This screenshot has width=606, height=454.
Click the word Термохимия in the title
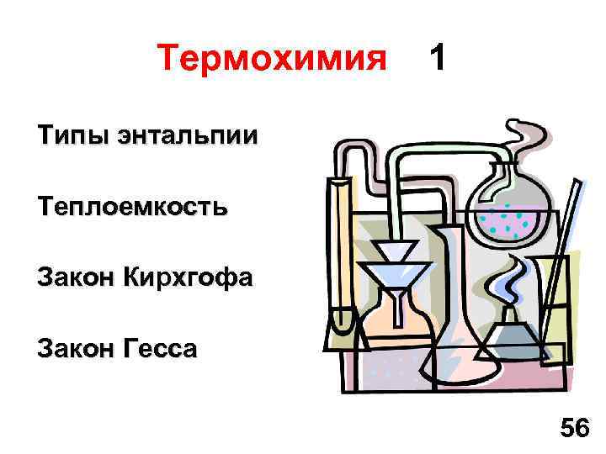pos(272,59)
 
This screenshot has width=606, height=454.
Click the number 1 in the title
pos(437,58)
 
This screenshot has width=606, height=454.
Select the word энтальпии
pos(184,136)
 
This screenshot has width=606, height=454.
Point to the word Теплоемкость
pos(131,207)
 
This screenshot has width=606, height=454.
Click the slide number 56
pos(575,428)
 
